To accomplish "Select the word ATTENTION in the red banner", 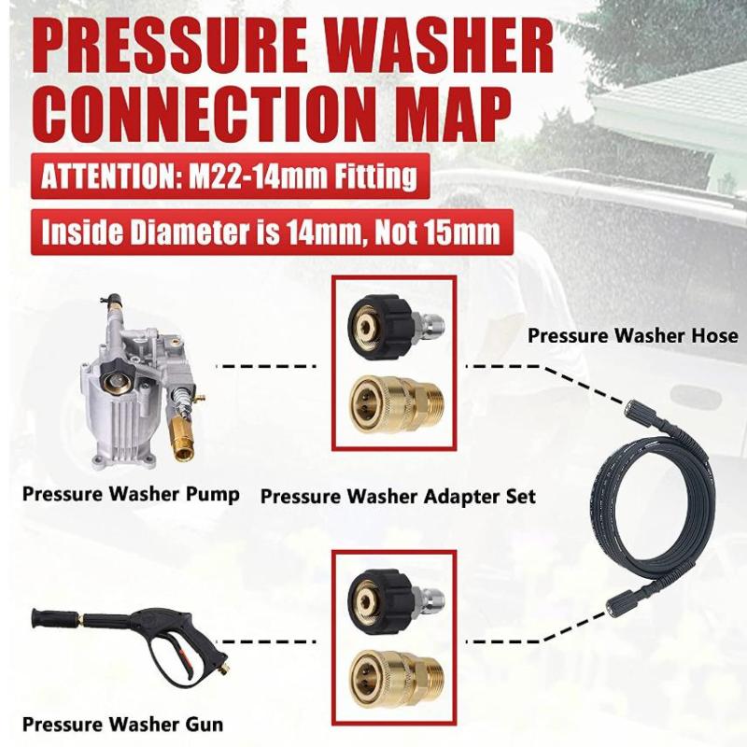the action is click(107, 176).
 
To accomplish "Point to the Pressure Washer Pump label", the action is click(131, 495).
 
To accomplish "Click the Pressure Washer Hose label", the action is click(633, 335).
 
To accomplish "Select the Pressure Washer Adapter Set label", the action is click(399, 497).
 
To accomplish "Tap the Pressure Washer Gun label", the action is click(123, 725).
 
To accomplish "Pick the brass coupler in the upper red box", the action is click(396, 405).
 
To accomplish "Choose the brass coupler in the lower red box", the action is click(396, 681).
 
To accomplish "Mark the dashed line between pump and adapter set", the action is click(265, 366).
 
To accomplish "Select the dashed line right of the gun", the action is click(271, 641).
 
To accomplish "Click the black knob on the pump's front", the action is click(116, 380).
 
